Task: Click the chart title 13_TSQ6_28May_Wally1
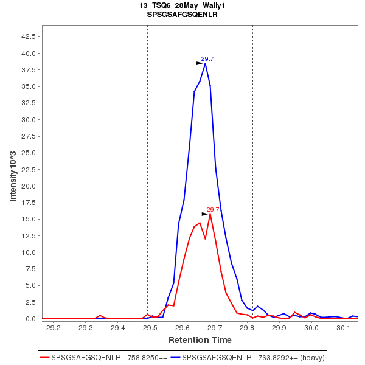tap(182, 5)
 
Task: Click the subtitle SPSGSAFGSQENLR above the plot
tap(182, 14)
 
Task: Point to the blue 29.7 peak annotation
tap(207, 58)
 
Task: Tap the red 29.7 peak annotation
tap(213, 209)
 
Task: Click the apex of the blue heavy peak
tap(206, 63)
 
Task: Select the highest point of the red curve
tap(210, 214)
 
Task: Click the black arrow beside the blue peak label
tap(200, 63)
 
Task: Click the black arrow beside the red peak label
tap(205, 214)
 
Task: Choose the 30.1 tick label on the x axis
tap(344, 328)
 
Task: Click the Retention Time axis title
tap(200, 339)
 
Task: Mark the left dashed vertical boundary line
tap(147, 152)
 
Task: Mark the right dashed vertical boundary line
tap(252, 152)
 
